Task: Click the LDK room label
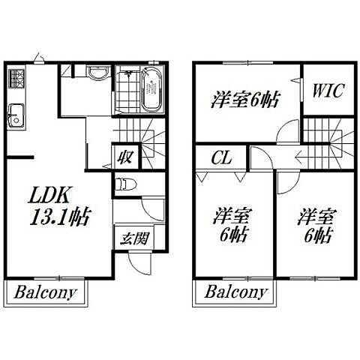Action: click(49, 195)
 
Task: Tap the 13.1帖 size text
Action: click(60, 217)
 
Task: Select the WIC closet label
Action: click(328, 90)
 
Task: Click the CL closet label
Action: click(221, 157)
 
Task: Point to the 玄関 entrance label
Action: click(134, 238)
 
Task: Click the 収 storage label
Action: click(125, 157)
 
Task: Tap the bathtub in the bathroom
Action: click(151, 90)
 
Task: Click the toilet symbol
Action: click(126, 184)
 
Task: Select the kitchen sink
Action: click(16, 116)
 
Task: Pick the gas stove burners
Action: click(17, 78)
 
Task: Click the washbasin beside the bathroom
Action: click(98, 72)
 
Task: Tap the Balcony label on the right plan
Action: click(235, 292)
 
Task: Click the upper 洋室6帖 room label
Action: click(244, 100)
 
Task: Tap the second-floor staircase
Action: click(328, 143)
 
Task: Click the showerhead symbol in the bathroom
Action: click(129, 73)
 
